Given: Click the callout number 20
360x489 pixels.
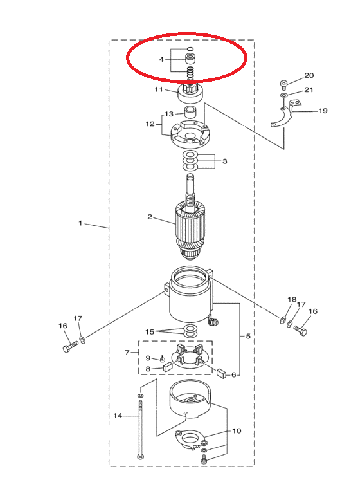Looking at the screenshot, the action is pyautogui.click(x=309, y=75).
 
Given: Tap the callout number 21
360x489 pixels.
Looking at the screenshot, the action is pyautogui.click(x=309, y=90).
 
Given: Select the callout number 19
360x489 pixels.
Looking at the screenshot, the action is pyautogui.click(x=323, y=111).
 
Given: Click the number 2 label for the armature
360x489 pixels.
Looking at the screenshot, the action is pyautogui.click(x=150, y=217).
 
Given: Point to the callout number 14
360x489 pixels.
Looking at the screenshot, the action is pyautogui.click(x=118, y=416).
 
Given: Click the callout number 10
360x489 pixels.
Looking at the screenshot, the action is pyautogui.click(x=237, y=430).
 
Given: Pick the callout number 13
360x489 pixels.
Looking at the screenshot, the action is pyautogui.click(x=169, y=114).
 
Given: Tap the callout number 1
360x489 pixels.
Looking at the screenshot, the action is pyautogui.click(x=80, y=223).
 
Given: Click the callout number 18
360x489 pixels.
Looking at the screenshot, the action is pyautogui.click(x=292, y=299).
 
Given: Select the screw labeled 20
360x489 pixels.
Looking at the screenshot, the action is pyautogui.click(x=283, y=84).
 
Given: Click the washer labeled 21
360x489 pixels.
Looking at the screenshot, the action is pyautogui.click(x=284, y=95).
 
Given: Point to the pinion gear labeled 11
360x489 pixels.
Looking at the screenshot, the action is pyautogui.click(x=190, y=93).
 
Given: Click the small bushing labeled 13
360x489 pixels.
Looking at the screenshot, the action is pyautogui.click(x=190, y=112).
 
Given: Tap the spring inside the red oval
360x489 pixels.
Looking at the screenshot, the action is pyautogui.click(x=190, y=73).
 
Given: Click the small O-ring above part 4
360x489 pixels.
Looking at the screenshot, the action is pyautogui.click(x=190, y=49).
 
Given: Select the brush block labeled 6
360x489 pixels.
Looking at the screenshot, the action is pyautogui.click(x=222, y=373).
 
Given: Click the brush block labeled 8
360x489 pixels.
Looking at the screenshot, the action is pyautogui.click(x=168, y=366).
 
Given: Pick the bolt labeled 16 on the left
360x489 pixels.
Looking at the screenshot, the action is pyautogui.click(x=71, y=346).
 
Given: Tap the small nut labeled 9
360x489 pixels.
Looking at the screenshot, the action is pyautogui.click(x=163, y=359).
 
